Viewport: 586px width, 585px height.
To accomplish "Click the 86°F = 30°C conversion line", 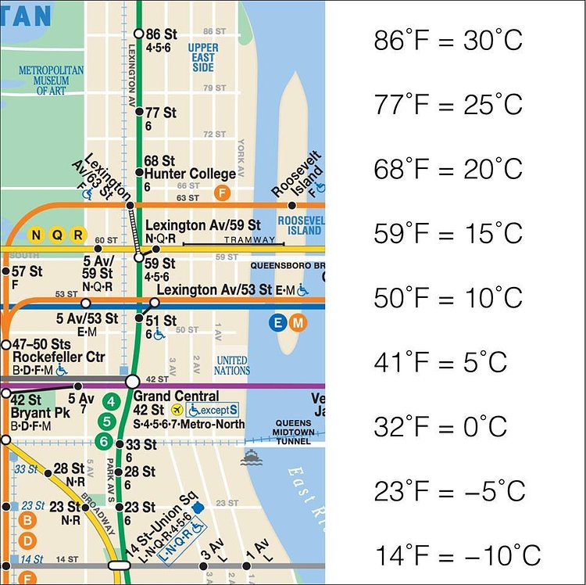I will coord(448,40).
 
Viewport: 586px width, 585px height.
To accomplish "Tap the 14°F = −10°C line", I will coord(457,555).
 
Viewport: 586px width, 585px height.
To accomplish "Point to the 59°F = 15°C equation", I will coord(448,233).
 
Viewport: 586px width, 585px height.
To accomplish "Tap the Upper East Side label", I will coord(202,57).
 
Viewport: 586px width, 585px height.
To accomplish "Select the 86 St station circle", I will coord(139,34).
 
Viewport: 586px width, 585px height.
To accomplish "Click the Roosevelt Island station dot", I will coord(292,206).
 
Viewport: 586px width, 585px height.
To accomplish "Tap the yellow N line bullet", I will coord(35,234).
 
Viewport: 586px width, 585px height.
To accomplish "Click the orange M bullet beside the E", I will coord(296,322).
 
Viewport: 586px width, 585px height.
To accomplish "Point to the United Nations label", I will coord(232,364).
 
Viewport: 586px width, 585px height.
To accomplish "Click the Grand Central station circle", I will coord(133,382).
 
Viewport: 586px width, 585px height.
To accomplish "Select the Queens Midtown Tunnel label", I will coord(294,432).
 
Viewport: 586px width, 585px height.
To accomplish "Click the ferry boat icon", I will coord(252,458).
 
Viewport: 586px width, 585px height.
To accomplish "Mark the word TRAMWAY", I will coord(249,239).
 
